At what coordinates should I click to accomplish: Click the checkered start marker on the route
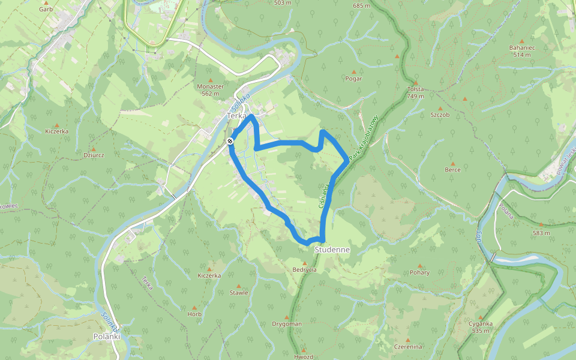(230, 141)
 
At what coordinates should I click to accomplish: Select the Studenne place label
(332, 249)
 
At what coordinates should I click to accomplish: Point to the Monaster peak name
(210, 86)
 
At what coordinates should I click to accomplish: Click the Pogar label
(354, 79)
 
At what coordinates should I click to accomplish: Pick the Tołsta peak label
(415, 89)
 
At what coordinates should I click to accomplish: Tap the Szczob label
(440, 114)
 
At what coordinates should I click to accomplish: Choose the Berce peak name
(452, 170)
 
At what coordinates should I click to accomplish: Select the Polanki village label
(107, 337)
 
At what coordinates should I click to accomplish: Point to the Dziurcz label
(94, 154)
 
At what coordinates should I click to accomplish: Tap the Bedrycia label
(305, 270)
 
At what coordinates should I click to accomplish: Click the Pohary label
(420, 272)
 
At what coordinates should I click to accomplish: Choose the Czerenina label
(408, 347)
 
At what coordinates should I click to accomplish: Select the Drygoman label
(286, 324)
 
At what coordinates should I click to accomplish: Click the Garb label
(46, 9)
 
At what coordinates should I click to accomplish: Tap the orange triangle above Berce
(452, 163)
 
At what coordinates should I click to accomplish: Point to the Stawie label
(239, 293)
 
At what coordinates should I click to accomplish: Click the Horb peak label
(194, 314)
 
